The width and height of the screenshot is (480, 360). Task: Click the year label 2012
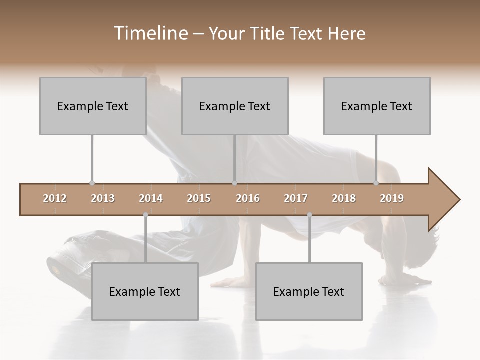point(55,198)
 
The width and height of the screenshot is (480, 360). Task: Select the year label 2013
point(103,198)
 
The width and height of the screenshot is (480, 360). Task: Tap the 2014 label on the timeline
point(151,198)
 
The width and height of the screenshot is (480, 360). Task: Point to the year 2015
point(199,198)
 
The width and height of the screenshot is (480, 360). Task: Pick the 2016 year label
point(248,198)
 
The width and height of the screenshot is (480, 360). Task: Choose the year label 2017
point(296,198)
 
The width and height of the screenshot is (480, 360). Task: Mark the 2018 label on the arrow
point(344,198)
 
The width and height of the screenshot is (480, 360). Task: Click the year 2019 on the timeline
point(392,198)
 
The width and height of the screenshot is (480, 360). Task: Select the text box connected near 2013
point(93,106)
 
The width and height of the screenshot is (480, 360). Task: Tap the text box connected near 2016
point(235,106)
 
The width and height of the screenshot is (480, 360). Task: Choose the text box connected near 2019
point(377,106)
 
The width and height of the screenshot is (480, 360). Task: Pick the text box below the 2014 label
point(145,291)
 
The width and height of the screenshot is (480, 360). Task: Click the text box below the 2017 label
point(309,291)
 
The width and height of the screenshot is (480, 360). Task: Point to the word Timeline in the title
point(150,33)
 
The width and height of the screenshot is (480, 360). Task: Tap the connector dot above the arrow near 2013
point(92,183)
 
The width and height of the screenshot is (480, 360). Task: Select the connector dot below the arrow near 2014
point(145,215)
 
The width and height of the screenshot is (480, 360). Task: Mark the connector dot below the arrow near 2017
point(309,215)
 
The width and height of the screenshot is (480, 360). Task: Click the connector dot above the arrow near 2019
point(376,183)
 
